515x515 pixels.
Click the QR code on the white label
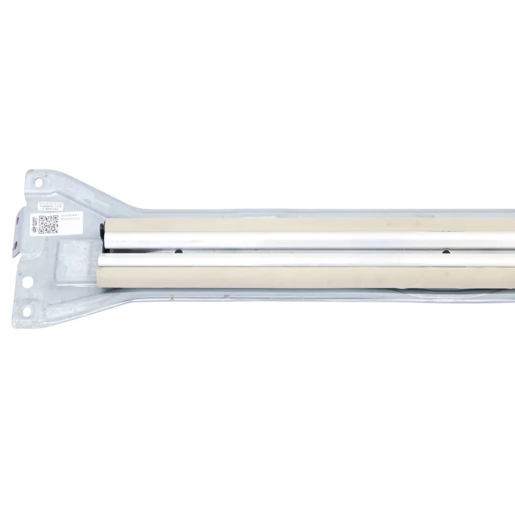coord(49,224)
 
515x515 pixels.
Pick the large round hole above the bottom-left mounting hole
coord(27,282)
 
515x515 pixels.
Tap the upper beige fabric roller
coord(286,225)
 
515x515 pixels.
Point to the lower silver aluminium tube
coord(286,260)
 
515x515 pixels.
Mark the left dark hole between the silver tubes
coord(179,251)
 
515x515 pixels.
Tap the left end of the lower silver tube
coord(102,260)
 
